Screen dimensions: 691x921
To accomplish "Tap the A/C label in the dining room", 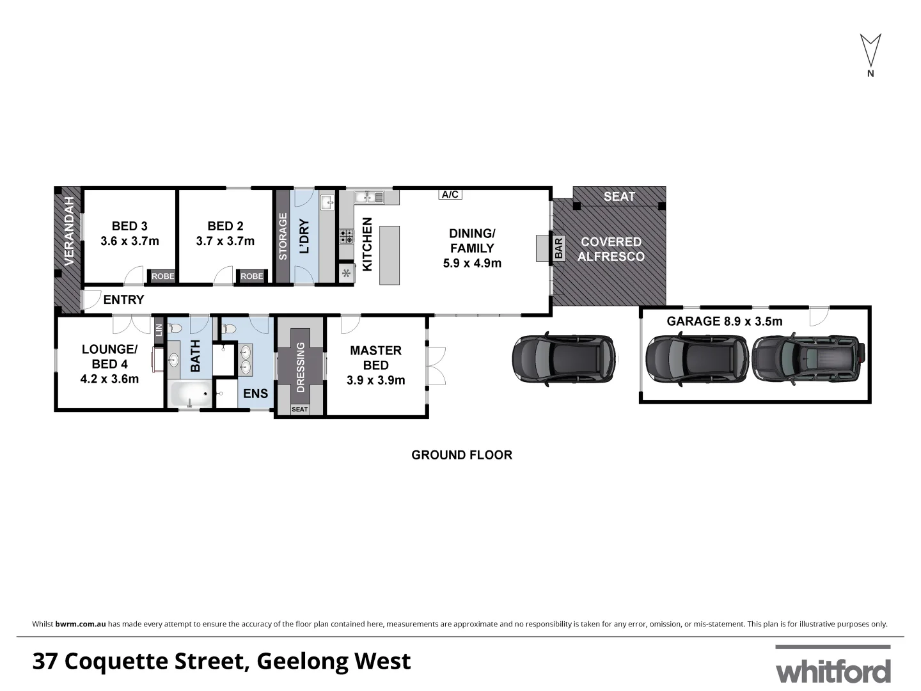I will (x=450, y=195).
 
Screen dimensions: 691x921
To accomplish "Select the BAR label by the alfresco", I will (x=558, y=248).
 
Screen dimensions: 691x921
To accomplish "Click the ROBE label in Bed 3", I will (x=162, y=276).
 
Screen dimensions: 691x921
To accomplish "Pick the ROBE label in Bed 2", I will (x=252, y=276).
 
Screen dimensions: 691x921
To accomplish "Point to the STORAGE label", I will (x=282, y=237).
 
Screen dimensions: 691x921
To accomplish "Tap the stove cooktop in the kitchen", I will (x=346, y=237).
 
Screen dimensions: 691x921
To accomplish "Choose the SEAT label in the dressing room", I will (x=299, y=409).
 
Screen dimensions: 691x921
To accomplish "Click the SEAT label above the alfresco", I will (x=619, y=196).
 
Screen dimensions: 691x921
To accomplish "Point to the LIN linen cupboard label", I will (x=159, y=330).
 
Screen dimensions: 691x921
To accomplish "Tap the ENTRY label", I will (x=123, y=299).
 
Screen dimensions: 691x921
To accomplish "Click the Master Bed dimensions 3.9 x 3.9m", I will (x=375, y=380).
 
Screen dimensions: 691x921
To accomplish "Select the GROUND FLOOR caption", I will (x=461, y=455).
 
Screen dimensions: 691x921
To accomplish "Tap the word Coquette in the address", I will (x=156, y=661).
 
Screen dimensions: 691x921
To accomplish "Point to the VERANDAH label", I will (x=69, y=232).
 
